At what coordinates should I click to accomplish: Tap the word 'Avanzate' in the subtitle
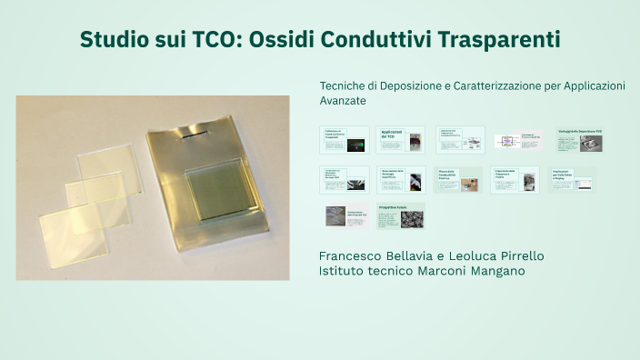[343, 100]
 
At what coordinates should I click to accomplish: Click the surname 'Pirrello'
[516, 255]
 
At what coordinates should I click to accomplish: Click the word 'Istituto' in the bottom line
[342, 271]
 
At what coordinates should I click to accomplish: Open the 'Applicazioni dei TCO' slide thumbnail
[401, 140]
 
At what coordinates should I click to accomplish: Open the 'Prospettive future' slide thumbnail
[401, 216]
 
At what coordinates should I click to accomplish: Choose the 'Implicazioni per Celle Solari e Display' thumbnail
[573, 179]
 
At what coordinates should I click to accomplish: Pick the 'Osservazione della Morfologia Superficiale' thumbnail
[401, 179]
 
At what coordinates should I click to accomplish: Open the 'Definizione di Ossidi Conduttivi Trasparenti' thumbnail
[344, 140]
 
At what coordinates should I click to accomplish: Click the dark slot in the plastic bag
[192, 136]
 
